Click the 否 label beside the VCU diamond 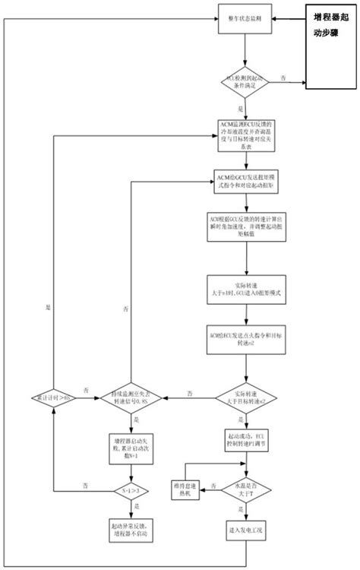[284, 77]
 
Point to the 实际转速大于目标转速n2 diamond [245, 396]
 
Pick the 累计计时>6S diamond [53, 396]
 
